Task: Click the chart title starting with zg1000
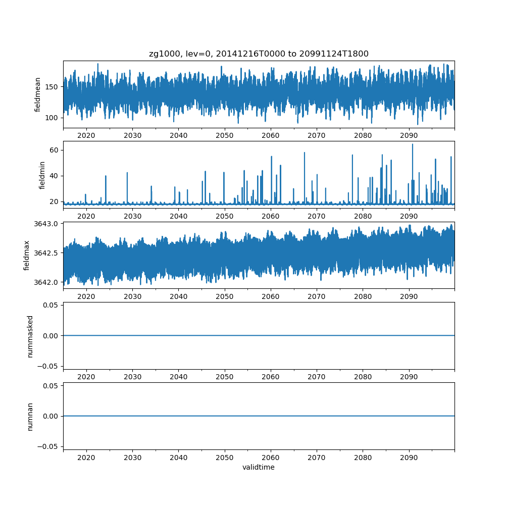[259, 54]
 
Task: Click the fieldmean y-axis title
[37, 94]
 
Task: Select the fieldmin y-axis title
[42, 175]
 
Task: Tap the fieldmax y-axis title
[27, 255]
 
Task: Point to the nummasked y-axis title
[30, 336]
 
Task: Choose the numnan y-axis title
[30, 416]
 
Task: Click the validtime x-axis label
[259, 467]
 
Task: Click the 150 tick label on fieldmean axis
[52, 87]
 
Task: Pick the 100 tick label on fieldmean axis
[52, 118]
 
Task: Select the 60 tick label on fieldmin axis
[54, 150]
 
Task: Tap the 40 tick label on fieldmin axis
[54, 176]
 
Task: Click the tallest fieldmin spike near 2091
[412, 145]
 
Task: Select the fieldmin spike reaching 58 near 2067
[304, 153]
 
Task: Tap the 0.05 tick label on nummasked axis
[52, 305]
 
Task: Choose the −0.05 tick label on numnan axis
[50, 446]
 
